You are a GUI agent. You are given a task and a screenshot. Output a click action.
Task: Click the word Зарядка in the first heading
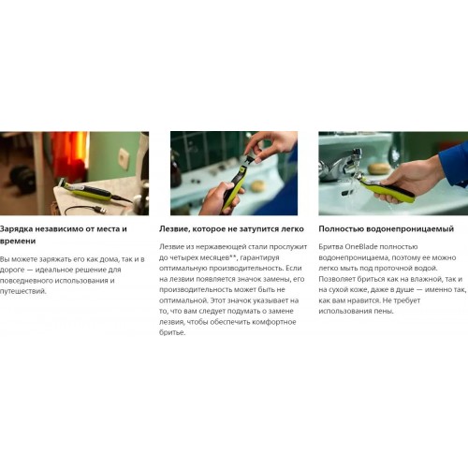(x=16, y=229)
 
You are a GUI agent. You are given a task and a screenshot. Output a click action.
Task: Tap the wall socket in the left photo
(x=124, y=158)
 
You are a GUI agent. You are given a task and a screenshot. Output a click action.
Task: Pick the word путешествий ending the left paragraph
(x=23, y=291)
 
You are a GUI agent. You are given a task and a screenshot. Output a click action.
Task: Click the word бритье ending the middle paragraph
(x=172, y=332)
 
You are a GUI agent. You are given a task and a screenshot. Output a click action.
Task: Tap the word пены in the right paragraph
(x=385, y=311)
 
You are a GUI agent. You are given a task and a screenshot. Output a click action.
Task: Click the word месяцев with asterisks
(x=218, y=257)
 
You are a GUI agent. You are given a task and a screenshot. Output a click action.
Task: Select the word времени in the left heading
(x=18, y=241)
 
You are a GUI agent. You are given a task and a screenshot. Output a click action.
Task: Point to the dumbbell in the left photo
(x=22, y=176)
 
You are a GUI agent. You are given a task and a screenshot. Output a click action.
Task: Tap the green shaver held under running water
(x=387, y=189)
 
